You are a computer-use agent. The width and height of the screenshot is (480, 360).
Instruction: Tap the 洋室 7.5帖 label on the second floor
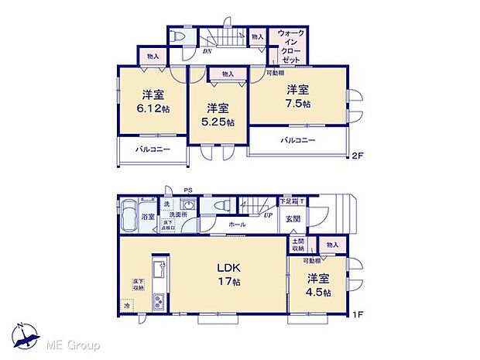pyautogui.click(x=298, y=97)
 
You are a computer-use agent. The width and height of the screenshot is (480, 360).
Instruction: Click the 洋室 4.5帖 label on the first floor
pyautogui.click(x=318, y=286)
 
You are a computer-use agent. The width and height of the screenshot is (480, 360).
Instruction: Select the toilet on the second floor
pyautogui.click(x=177, y=37)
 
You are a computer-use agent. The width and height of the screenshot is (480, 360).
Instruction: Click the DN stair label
pyautogui.click(x=207, y=53)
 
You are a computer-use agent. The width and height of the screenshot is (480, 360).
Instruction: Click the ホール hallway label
pyautogui.click(x=238, y=225)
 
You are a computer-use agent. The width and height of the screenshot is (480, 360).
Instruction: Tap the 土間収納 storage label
pyautogui.click(x=298, y=245)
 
